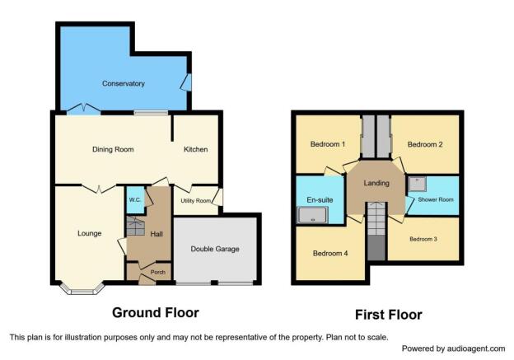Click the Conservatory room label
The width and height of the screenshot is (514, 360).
point(124,83)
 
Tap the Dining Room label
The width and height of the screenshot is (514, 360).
point(113,149)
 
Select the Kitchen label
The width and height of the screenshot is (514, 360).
point(196,149)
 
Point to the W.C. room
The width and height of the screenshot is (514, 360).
point(135,200)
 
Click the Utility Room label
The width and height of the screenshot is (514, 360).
point(196,201)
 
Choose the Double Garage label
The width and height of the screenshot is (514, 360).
point(215,249)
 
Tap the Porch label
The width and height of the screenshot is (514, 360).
point(157,272)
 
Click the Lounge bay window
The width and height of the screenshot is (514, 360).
point(82,289)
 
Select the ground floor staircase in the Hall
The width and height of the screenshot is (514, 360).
point(136,226)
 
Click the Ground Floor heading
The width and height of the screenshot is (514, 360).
point(156,313)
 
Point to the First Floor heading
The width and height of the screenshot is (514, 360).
point(389,315)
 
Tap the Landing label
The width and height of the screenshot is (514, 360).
point(376,183)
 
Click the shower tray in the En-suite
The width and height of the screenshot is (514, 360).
point(312,215)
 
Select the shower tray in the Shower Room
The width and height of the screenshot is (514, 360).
point(417,185)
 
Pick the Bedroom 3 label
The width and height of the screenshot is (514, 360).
point(423,239)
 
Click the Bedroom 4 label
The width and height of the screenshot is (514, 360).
point(330,254)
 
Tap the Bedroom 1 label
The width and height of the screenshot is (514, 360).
point(328,144)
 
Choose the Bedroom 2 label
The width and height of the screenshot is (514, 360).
point(425,145)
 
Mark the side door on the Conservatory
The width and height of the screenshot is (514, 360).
point(186,82)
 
